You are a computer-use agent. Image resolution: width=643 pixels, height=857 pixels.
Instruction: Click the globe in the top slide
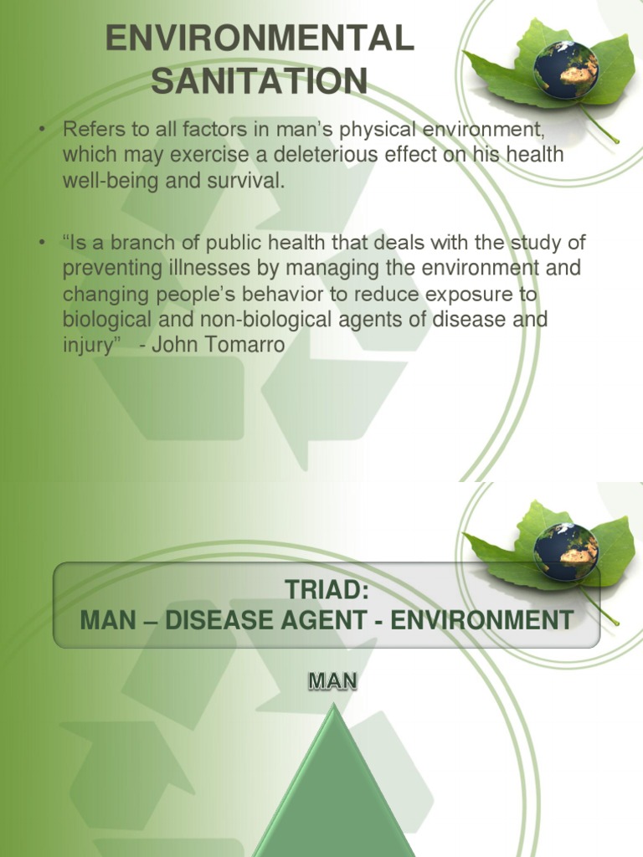[x=567, y=69]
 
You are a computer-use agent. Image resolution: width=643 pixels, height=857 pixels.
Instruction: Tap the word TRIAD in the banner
[x=327, y=592]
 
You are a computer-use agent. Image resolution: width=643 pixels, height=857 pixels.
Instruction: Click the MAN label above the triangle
[x=332, y=683]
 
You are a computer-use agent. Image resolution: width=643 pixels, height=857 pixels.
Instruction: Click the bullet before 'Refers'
[x=39, y=131]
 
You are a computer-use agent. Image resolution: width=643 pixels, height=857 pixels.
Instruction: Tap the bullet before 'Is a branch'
[x=39, y=244]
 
